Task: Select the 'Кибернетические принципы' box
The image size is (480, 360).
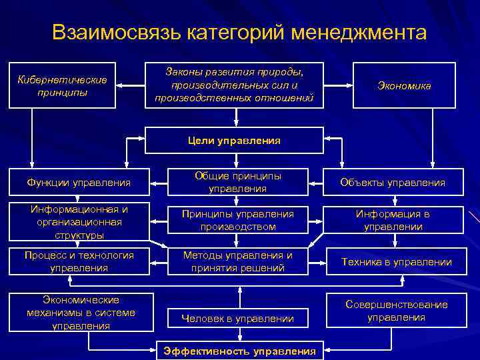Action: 63,85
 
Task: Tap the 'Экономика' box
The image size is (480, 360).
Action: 403,86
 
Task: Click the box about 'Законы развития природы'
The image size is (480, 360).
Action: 235,85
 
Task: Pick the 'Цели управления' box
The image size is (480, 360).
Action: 235,141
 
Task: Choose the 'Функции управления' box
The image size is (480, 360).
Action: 77,182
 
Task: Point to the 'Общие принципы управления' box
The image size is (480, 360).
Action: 237,182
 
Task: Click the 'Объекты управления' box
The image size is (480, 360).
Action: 392,182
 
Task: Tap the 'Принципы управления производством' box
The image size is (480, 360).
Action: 237,221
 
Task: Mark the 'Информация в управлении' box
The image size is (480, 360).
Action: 392,221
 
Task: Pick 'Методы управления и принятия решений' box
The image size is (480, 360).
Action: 237,261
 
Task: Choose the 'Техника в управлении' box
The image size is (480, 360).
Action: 397,262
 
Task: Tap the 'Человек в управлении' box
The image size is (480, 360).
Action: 237,319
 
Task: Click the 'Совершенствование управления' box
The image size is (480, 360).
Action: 397,311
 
